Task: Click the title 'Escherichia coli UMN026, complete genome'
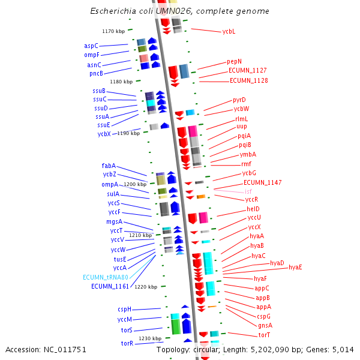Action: [x=179, y=11]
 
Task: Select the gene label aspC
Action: [x=91, y=46]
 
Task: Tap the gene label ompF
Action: [x=91, y=55]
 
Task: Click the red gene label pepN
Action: [x=234, y=61]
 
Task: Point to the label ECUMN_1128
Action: [x=248, y=80]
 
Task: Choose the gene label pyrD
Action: [x=239, y=100]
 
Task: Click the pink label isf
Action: [x=248, y=191]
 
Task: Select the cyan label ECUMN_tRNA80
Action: [x=106, y=277]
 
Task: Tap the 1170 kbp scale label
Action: [x=113, y=31]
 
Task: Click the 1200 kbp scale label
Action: [x=135, y=185]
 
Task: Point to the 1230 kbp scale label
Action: [x=150, y=338]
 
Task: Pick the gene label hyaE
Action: [x=295, y=267]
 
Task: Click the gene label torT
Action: [x=264, y=335]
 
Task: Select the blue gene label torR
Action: [x=127, y=343]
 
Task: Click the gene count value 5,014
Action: [x=344, y=349]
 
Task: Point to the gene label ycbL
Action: [x=229, y=31]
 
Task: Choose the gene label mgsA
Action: [x=114, y=221]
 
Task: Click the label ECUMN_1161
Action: [x=110, y=286]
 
